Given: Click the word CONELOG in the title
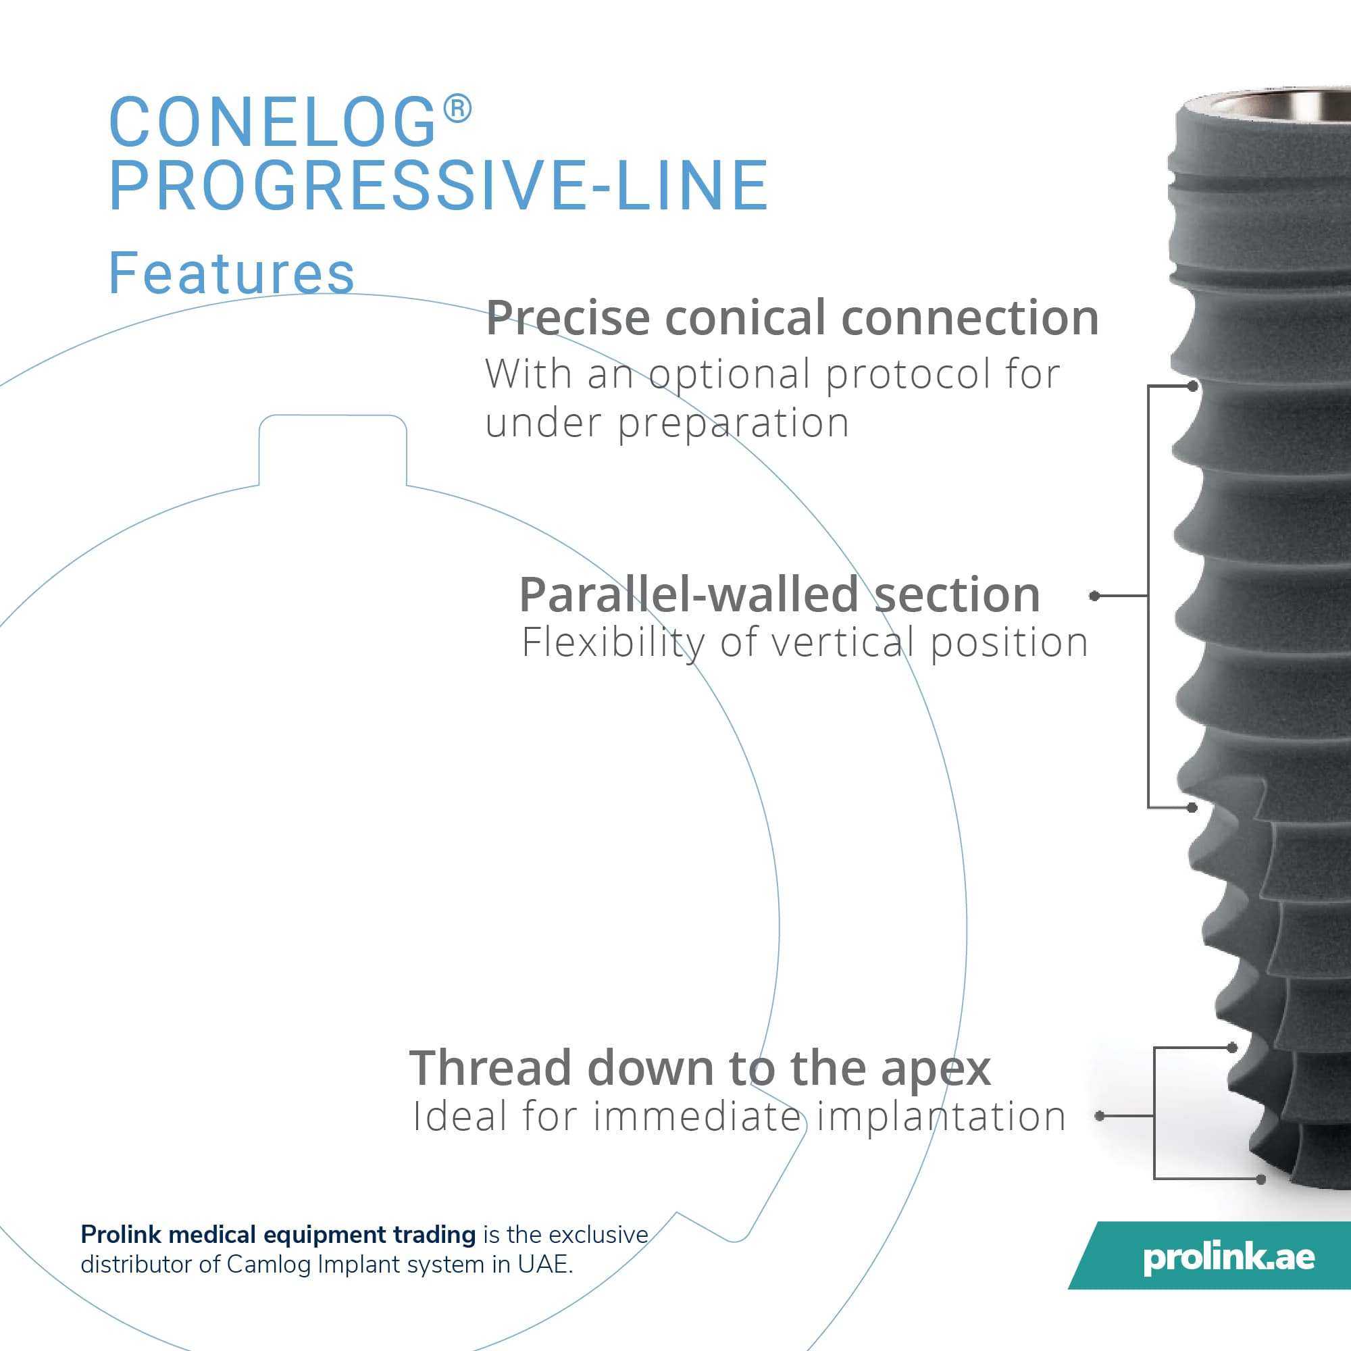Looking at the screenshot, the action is tap(273, 122).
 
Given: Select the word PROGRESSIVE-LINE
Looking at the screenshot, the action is tap(439, 184).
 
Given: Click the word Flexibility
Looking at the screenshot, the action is tap(613, 643).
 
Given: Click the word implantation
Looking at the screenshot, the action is tap(940, 1117).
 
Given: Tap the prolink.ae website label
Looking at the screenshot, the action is tap(1229, 1258).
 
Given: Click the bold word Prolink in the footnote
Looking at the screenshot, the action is tap(122, 1235).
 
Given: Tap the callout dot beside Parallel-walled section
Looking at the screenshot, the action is tap(1094, 596).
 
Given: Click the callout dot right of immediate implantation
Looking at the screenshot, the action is tap(1099, 1116).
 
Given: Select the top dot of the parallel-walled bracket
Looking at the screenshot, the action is tap(1192, 386).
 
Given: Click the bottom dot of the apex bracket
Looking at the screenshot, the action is tap(1260, 1179).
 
